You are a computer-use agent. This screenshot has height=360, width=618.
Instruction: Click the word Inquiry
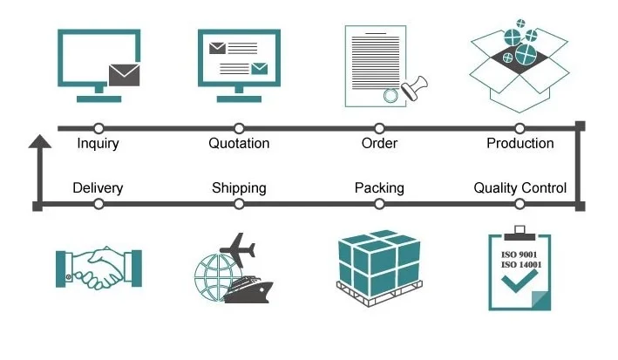98,144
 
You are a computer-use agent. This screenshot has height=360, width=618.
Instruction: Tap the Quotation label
239,144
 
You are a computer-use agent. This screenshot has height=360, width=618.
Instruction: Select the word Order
379,144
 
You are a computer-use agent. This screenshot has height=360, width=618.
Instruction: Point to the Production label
520,144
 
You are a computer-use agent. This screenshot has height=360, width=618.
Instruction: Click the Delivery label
98,187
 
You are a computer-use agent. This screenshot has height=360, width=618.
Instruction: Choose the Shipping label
239,187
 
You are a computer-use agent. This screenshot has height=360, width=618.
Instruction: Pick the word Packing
379,187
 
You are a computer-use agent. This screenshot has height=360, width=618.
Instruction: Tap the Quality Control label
520,187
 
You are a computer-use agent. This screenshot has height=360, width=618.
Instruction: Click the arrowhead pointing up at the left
37,141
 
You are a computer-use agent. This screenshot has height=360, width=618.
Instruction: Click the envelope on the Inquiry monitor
124,77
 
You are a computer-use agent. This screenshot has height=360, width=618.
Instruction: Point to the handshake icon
98,268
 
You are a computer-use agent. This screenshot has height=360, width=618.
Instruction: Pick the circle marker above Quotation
239,128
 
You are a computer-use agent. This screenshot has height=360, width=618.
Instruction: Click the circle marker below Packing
379,204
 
